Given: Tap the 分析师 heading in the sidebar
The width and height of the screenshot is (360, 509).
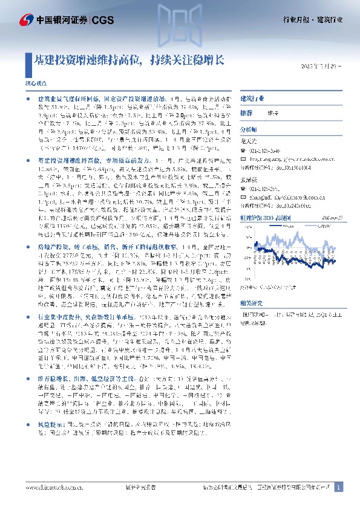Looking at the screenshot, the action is click(x=249, y=130).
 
